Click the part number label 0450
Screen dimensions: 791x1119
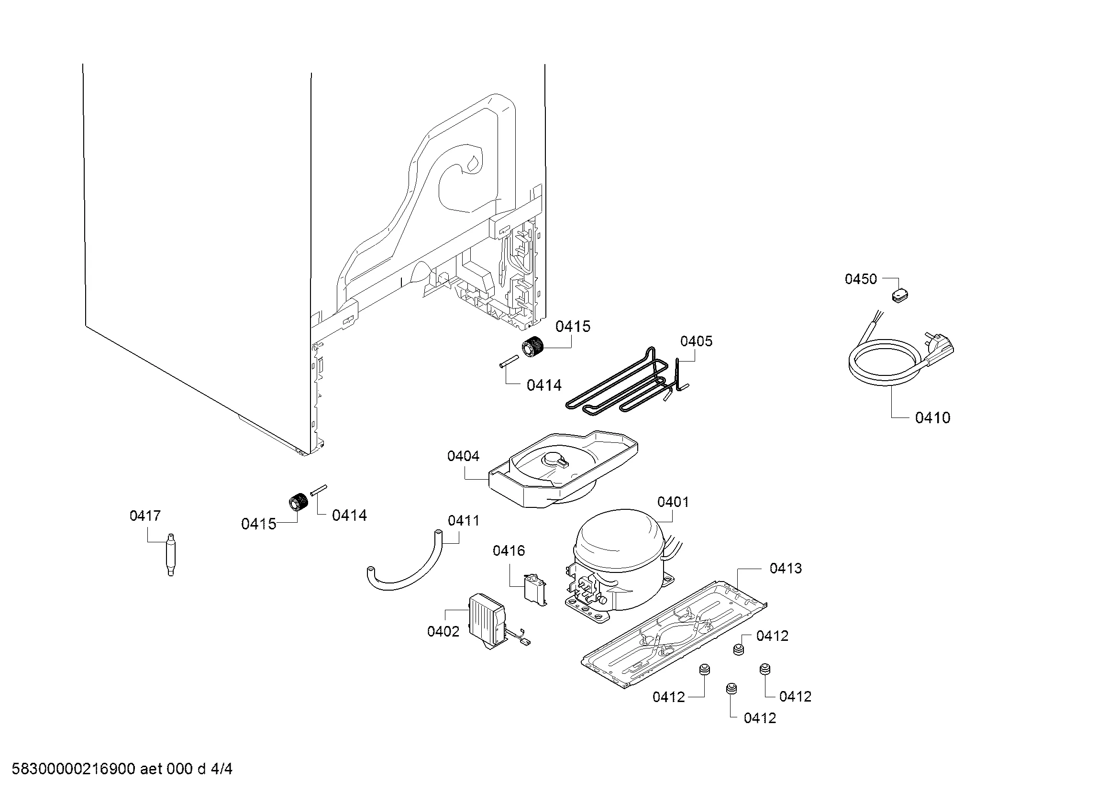click(x=861, y=279)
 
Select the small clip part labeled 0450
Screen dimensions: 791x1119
click(x=900, y=295)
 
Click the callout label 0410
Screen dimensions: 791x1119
click(x=932, y=417)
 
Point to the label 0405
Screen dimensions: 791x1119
click(x=696, y=341)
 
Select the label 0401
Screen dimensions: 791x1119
click(x=673, y=502)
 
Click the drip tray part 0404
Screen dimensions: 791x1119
click(x=561, y=468)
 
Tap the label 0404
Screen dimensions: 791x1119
click(x=463, y=456)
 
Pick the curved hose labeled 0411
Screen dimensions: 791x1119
click(x=405, y=575)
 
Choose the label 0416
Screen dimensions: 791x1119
click(x=509, y=550)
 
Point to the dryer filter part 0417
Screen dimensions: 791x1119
click(x=171, y=555)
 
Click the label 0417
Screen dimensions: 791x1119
click(x=145, y=516)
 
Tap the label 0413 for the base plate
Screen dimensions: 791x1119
click(x=785, y=568)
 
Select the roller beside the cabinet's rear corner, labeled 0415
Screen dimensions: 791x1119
click(x=532, y=347)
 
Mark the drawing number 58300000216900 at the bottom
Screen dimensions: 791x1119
click(x=73, y=769)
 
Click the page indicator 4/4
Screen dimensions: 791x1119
click(x=222, y=769)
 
